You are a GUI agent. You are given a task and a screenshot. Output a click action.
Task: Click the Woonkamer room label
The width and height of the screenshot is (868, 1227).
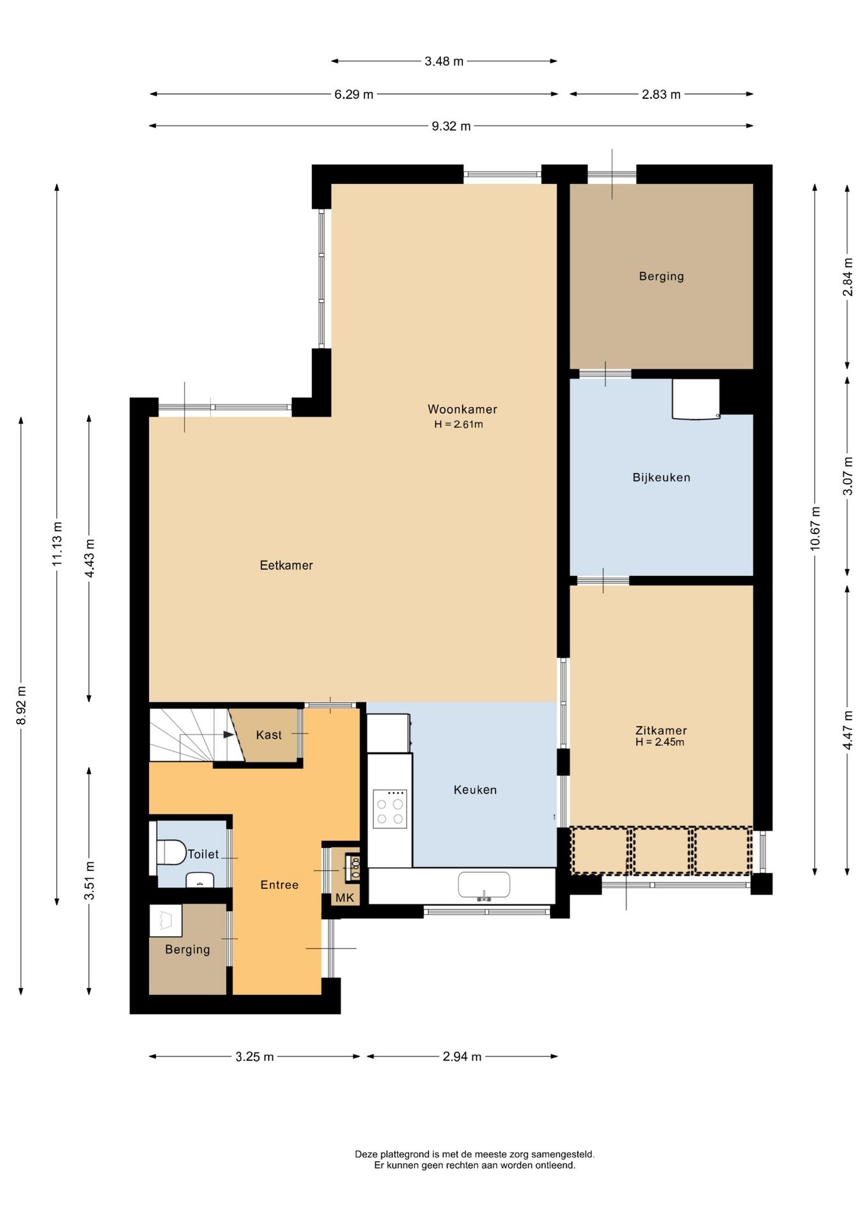[462, 409]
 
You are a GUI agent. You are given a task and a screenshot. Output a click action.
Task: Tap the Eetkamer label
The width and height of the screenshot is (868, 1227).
[286, 565]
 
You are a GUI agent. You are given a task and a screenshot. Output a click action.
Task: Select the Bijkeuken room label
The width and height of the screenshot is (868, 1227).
[662, 477]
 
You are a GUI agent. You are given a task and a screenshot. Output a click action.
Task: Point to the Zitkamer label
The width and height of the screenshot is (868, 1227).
[661, 730]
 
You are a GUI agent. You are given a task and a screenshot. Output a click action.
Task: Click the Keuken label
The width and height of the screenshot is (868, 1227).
[475, 790]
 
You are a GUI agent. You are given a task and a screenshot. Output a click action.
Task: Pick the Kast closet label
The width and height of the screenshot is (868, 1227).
[268, 735]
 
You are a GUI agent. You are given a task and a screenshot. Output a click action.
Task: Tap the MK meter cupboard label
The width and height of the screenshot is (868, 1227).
[345, 898]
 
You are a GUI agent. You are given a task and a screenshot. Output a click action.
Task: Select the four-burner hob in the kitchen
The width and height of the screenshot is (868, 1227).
[390, 809]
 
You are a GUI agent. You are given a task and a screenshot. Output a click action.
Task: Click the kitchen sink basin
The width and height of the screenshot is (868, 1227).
[484, 885]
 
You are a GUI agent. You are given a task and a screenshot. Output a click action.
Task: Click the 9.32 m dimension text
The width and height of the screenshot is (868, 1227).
[451, 126]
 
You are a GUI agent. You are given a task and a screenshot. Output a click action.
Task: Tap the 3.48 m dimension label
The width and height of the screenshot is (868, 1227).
[444, 61]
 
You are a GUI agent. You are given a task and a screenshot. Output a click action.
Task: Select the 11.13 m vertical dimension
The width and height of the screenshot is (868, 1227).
[58, 544]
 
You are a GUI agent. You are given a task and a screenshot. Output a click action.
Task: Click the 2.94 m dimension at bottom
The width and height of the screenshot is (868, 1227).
[462, 1056]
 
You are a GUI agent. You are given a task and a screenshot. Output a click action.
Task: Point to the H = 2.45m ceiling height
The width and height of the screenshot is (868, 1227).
[660, 742]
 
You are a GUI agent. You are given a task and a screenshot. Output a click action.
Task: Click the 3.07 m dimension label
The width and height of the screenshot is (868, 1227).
[848, 475]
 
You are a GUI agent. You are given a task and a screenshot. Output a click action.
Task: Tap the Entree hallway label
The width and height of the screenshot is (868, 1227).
[279, 885]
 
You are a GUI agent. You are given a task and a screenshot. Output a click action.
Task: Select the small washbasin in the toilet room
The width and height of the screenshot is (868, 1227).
[200, 880]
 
